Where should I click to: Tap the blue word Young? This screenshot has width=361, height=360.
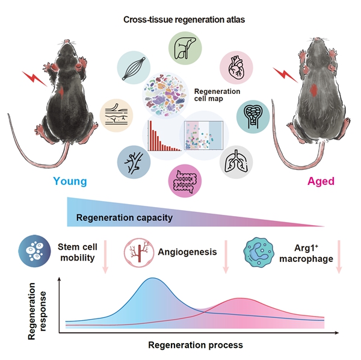(x=70, y=181)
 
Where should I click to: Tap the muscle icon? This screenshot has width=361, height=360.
(x=134, y=68)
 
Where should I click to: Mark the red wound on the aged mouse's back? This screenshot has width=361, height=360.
(x=315, y=90)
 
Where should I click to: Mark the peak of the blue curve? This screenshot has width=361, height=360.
(x=152, y=279)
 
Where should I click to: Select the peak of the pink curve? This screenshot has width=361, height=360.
(x=241, y=298)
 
